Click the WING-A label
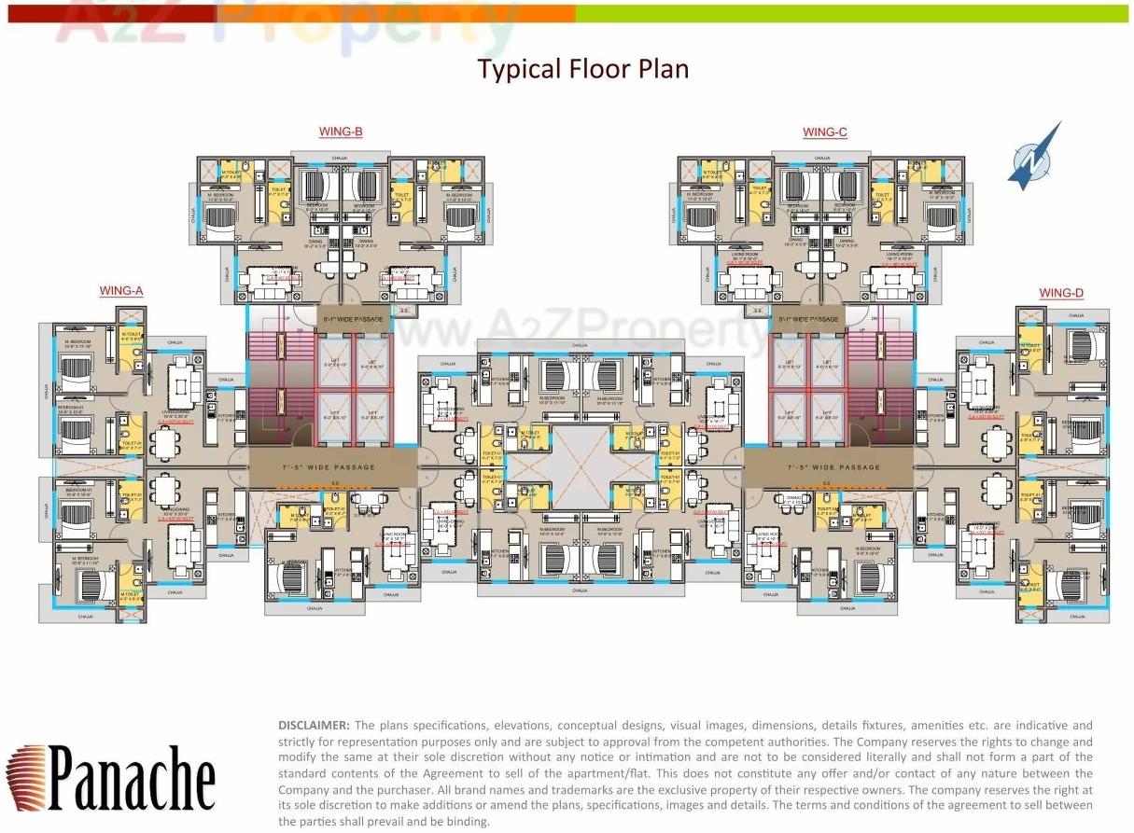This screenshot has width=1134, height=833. (x=121, y=291)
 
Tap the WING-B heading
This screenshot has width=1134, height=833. (x=341, y=132)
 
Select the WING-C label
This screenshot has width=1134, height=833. (x=825, y=132)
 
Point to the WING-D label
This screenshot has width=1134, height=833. (x=1061, y=293)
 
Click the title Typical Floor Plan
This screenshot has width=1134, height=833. (x=583, y=69)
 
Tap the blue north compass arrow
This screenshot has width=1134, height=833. (x=1034, y=157)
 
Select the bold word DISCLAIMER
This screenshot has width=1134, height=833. (x=314, y=725)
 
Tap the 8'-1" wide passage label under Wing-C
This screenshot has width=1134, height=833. (x=809, y=319)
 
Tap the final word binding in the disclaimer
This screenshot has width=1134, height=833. (x=468, y=822)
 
